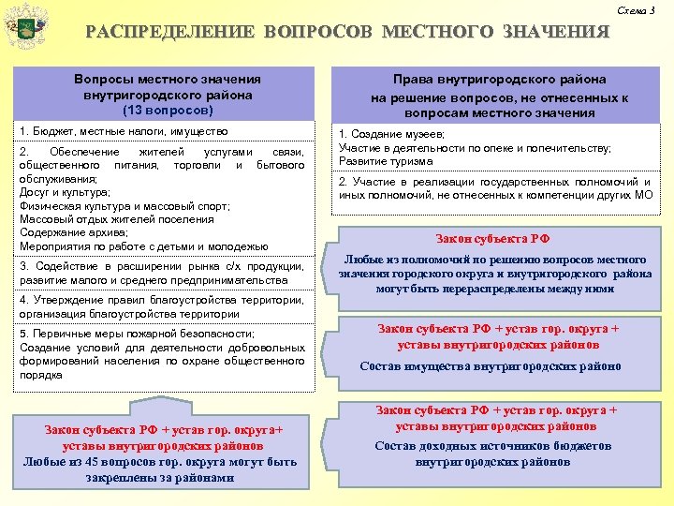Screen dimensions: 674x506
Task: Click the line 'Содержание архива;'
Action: point(73,232)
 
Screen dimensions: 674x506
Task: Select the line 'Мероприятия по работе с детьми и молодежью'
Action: point(143,246)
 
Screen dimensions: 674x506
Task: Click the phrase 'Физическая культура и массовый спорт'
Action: point(110,205)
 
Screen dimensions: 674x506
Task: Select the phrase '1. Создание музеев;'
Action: point(391,135)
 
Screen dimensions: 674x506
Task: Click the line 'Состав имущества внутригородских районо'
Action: point(491,366)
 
